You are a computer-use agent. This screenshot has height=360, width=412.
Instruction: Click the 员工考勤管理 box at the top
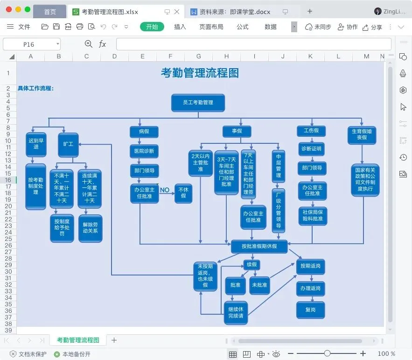[198, 103]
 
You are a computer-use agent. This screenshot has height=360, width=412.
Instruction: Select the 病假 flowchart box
[144, 132]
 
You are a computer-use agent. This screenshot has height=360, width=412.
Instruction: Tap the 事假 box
[237, 131]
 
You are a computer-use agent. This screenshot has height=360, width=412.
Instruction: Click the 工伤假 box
[311, 131]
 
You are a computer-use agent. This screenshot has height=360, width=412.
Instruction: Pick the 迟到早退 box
[36, 144]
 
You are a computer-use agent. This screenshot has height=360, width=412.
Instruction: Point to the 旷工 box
[68, 144]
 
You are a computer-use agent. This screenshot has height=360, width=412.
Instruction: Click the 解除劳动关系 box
[90, 228]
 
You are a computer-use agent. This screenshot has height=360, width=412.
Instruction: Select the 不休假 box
[183, 193]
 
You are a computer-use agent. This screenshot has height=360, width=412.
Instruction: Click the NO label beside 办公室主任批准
[165, 190]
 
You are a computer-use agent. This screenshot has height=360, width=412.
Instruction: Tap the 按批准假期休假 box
[259, 247]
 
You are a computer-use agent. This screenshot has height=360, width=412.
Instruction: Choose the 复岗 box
[311, 310]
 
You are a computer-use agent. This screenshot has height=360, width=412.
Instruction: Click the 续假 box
[251, 265]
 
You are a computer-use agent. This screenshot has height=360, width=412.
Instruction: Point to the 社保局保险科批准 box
[313, 216]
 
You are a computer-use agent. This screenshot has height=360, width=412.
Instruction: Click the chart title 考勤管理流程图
[200, 73]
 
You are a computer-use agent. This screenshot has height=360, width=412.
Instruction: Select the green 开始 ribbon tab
[152, 27]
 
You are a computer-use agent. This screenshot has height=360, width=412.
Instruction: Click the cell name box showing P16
[32, 44]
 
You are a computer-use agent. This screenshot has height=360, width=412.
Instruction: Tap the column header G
[199, 56]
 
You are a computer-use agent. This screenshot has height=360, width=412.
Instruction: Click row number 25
[8, 239]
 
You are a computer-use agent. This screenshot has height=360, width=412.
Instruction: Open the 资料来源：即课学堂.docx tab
[235, 12]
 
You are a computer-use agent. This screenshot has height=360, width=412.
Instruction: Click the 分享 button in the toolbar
[372, 27]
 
